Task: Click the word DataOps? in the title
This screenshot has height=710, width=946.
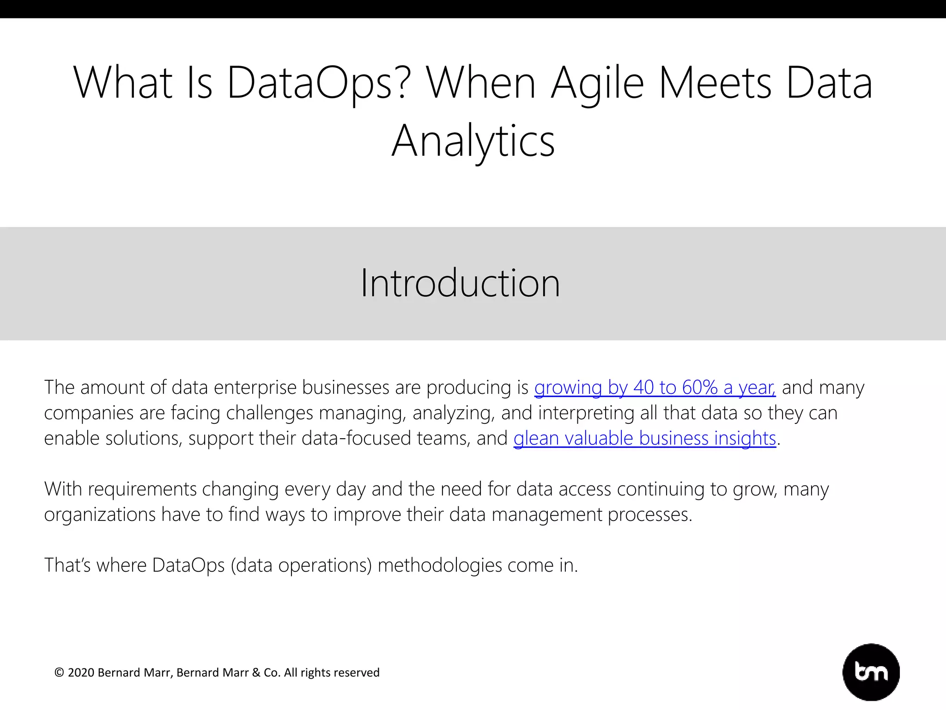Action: pyautogui.click(x=319, y=83)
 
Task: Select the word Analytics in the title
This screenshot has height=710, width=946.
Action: pyautogui.click(x=473, y=141)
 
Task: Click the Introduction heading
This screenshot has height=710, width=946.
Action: pyautogui.click(x=460, y=283)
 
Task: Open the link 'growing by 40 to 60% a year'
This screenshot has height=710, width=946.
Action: pyautogui.click(x=655, y=387)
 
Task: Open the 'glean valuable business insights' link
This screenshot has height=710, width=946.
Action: pyautogui.click(x=644, y=438)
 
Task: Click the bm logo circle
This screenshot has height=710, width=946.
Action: pyautogui.click(x=871, y=672)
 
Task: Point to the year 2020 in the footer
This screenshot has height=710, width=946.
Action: pyautogui.click(x=81, y=673)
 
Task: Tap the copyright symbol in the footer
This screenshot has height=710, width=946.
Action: pyautogui.click(x=59, y=673)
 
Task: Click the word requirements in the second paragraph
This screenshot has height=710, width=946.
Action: pyautogui.click(x=142, y=489)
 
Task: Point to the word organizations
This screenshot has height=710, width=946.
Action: pyautogui.click(x=100, y=514)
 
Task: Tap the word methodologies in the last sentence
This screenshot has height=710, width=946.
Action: pyautogui.click(x=440, y=565)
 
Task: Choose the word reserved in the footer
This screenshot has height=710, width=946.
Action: pyautogui.click(x=357, y=673)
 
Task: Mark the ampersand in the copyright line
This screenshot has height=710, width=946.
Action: pyautogui.click(x=256, y=673)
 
